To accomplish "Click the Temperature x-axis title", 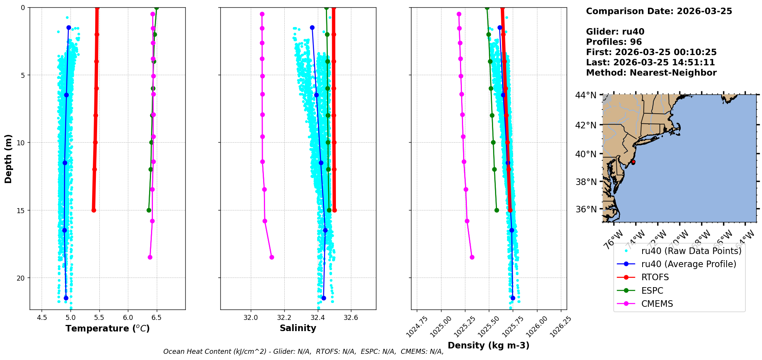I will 107,328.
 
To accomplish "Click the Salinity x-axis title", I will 298,328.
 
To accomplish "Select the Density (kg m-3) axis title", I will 488,345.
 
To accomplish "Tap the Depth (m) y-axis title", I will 8,158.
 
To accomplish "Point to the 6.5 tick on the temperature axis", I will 156,318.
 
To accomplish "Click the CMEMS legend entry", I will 657,304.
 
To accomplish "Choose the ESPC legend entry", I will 652,291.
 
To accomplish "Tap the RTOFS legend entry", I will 655,278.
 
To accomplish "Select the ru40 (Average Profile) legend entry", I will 688,264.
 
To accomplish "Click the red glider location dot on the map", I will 633,162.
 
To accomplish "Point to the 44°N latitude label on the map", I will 586,95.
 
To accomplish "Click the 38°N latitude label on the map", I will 586,182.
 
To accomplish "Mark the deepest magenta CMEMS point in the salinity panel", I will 272,257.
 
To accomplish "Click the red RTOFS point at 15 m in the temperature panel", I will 94,210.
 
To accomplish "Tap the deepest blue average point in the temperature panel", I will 66,298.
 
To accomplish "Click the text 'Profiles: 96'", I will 614,42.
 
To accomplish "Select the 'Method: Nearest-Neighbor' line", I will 651,73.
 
